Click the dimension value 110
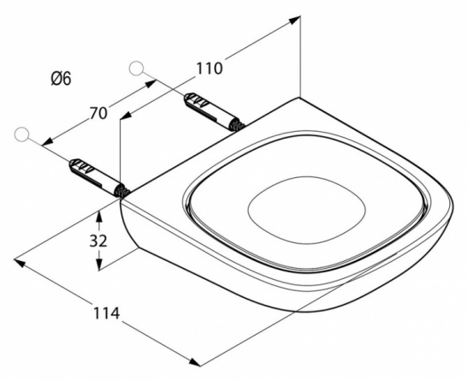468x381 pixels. [x=210, y=68]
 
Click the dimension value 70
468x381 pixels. [x=98, y=114]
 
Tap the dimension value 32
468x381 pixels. [x=98, y=241]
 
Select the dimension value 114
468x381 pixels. [x=107, y=313]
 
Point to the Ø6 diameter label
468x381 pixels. [x=62, y=79]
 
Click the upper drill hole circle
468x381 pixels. [x=136, y=68]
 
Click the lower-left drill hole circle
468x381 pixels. [x=21, y=134]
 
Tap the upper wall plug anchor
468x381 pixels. [x=214, y=111]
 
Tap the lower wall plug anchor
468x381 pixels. [x=98, y=177]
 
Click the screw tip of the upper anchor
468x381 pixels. [x=239, y=125]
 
